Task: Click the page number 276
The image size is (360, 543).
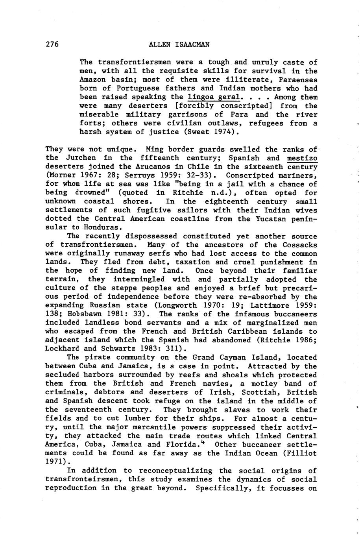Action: pos(52,44)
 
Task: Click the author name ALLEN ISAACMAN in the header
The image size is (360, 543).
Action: pos(179,44)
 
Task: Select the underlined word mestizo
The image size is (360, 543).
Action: pos(302,158)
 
